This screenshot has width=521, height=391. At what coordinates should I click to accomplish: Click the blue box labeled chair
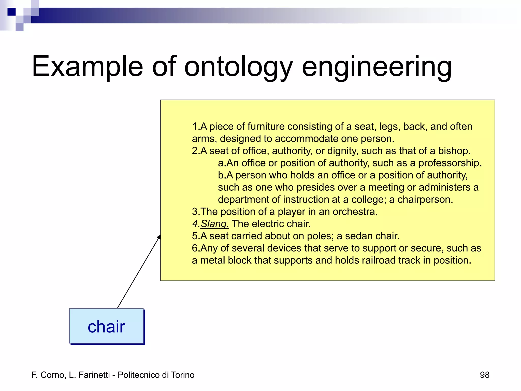pyautogui.click(x=106, y=326)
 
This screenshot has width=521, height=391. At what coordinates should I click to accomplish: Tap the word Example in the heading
pyautogui.click(x=87, y=67)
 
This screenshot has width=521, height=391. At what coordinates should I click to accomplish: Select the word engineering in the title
pyautogui.click(x=377, y=67)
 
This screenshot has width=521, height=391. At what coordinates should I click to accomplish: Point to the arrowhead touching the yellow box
pyautogui.click(x=159, y=237)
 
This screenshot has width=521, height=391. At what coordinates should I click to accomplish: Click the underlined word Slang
pyautogui.click(x=214, y=224)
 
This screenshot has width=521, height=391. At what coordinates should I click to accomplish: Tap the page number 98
pyautogui.click(x=484, y=375)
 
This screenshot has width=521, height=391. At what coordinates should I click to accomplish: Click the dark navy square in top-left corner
pyautogui.click(x=11, y=12)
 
